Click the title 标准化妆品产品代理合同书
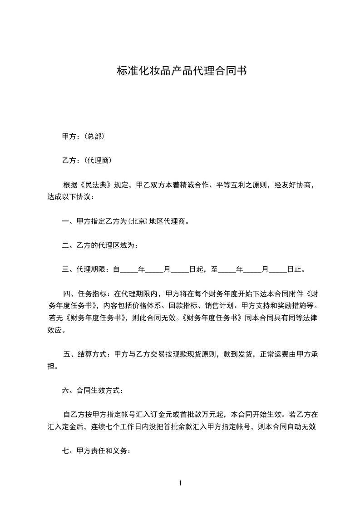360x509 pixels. tap(182, 71)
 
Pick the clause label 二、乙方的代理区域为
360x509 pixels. tap(99, 246)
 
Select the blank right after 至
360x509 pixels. tap(227, 270)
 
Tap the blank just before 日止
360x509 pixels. tap(278, 270)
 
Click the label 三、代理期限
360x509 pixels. tap(84, 270)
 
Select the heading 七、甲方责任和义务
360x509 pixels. tap(96, 451)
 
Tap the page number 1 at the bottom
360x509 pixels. tap(180, 483)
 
